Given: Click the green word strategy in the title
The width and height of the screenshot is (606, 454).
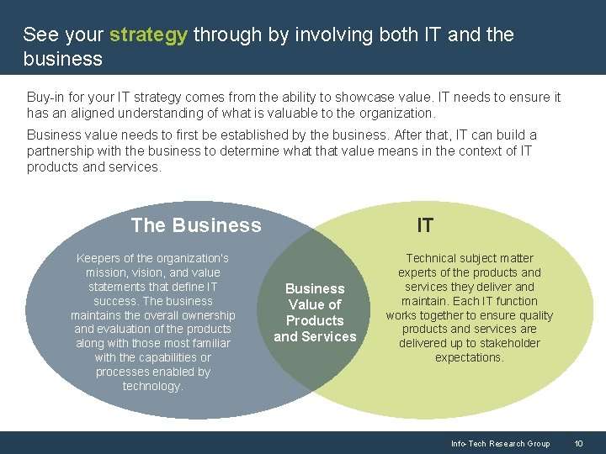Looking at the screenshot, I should coord(148,35).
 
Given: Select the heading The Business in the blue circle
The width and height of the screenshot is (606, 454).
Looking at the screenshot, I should coord(196,225).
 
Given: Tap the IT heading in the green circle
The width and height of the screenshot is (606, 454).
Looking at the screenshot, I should coord(425,225).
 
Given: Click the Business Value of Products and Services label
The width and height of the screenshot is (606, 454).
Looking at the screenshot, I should coord(315,313).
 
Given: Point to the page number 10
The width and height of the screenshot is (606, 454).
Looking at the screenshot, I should coord(578,443).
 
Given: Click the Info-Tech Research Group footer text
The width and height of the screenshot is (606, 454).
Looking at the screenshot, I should coord(500,443).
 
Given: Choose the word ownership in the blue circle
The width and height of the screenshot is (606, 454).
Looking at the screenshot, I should coord(206,315).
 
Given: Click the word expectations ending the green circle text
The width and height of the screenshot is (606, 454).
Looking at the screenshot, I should coord(469,357).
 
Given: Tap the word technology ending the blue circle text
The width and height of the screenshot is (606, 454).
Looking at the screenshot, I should coord(151,386).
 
